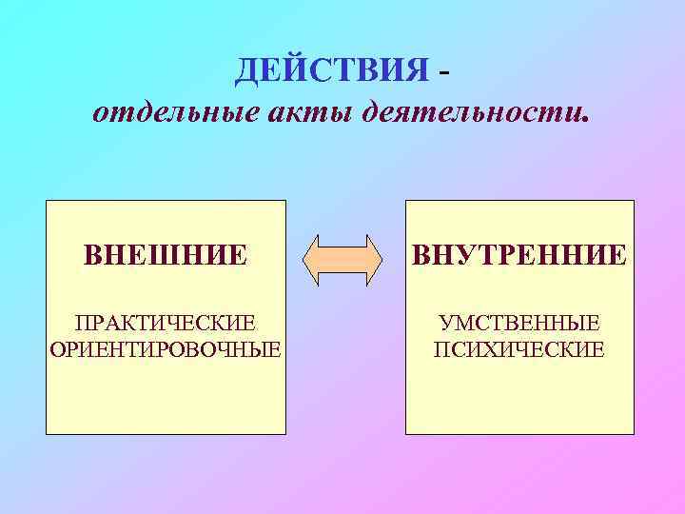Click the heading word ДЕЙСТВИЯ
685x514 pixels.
[333, 69]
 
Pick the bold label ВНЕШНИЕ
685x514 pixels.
[166, 255]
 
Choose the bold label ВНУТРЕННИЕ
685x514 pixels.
[519, 255]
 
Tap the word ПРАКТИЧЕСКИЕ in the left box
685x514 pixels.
[166, 326]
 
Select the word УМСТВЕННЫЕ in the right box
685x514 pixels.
[519, 326]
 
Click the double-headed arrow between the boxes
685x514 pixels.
[342, 256]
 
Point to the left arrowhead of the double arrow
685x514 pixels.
[315, 256]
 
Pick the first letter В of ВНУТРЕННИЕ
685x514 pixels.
[421, 255]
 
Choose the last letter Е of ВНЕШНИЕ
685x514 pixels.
[239, 255]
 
